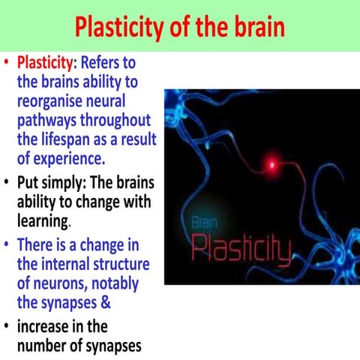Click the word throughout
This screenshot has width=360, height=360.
pos(114,120)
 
